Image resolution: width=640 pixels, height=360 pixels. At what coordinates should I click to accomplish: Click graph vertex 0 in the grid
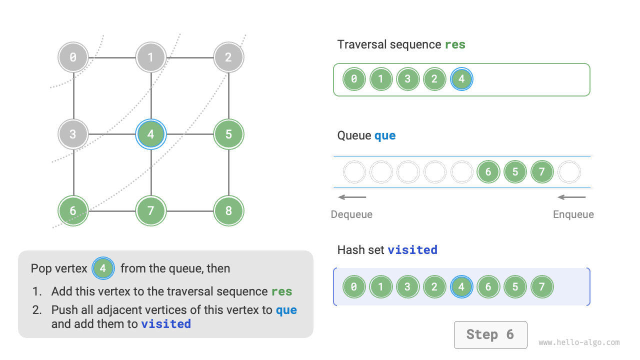coord(73,57)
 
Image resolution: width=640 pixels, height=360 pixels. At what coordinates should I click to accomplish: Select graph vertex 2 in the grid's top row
coord(228,57)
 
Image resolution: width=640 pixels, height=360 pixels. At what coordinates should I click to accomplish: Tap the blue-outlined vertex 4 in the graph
coord(151,134)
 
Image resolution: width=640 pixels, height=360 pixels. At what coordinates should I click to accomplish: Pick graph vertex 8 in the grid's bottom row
coord(228,211)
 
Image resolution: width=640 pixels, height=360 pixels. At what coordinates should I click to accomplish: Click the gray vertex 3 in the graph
coord(73,134)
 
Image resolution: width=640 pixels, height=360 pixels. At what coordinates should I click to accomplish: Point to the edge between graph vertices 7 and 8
coord(189,211)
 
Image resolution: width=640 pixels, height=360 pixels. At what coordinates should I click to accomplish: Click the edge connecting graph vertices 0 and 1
coord(112,57)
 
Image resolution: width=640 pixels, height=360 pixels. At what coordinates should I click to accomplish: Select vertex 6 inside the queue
coord(488,172)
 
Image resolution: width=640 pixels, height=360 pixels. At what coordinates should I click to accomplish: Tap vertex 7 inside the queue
coord(542,172)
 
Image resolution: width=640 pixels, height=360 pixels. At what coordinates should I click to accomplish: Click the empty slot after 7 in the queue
coord(569,172)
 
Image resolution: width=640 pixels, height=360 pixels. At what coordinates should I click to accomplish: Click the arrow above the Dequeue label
coord(352,197)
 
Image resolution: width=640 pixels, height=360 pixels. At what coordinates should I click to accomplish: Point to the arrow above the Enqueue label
coord(572,197)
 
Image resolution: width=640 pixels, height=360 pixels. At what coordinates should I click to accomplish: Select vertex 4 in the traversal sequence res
coord(461,79)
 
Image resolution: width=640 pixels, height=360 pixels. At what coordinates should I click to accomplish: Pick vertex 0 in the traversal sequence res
coord(354,79)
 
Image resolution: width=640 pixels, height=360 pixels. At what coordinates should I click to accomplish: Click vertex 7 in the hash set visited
coord(542,287)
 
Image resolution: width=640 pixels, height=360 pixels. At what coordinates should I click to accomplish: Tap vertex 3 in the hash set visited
coord(408,287)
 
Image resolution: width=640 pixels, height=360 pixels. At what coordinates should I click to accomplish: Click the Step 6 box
coord(490,334)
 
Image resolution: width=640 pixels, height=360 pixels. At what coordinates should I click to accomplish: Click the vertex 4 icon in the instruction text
coord(103,268)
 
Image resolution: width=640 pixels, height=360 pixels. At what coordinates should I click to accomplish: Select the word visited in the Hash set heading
coord(412,249)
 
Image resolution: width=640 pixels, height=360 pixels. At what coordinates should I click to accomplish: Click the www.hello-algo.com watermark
coord(579,342)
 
